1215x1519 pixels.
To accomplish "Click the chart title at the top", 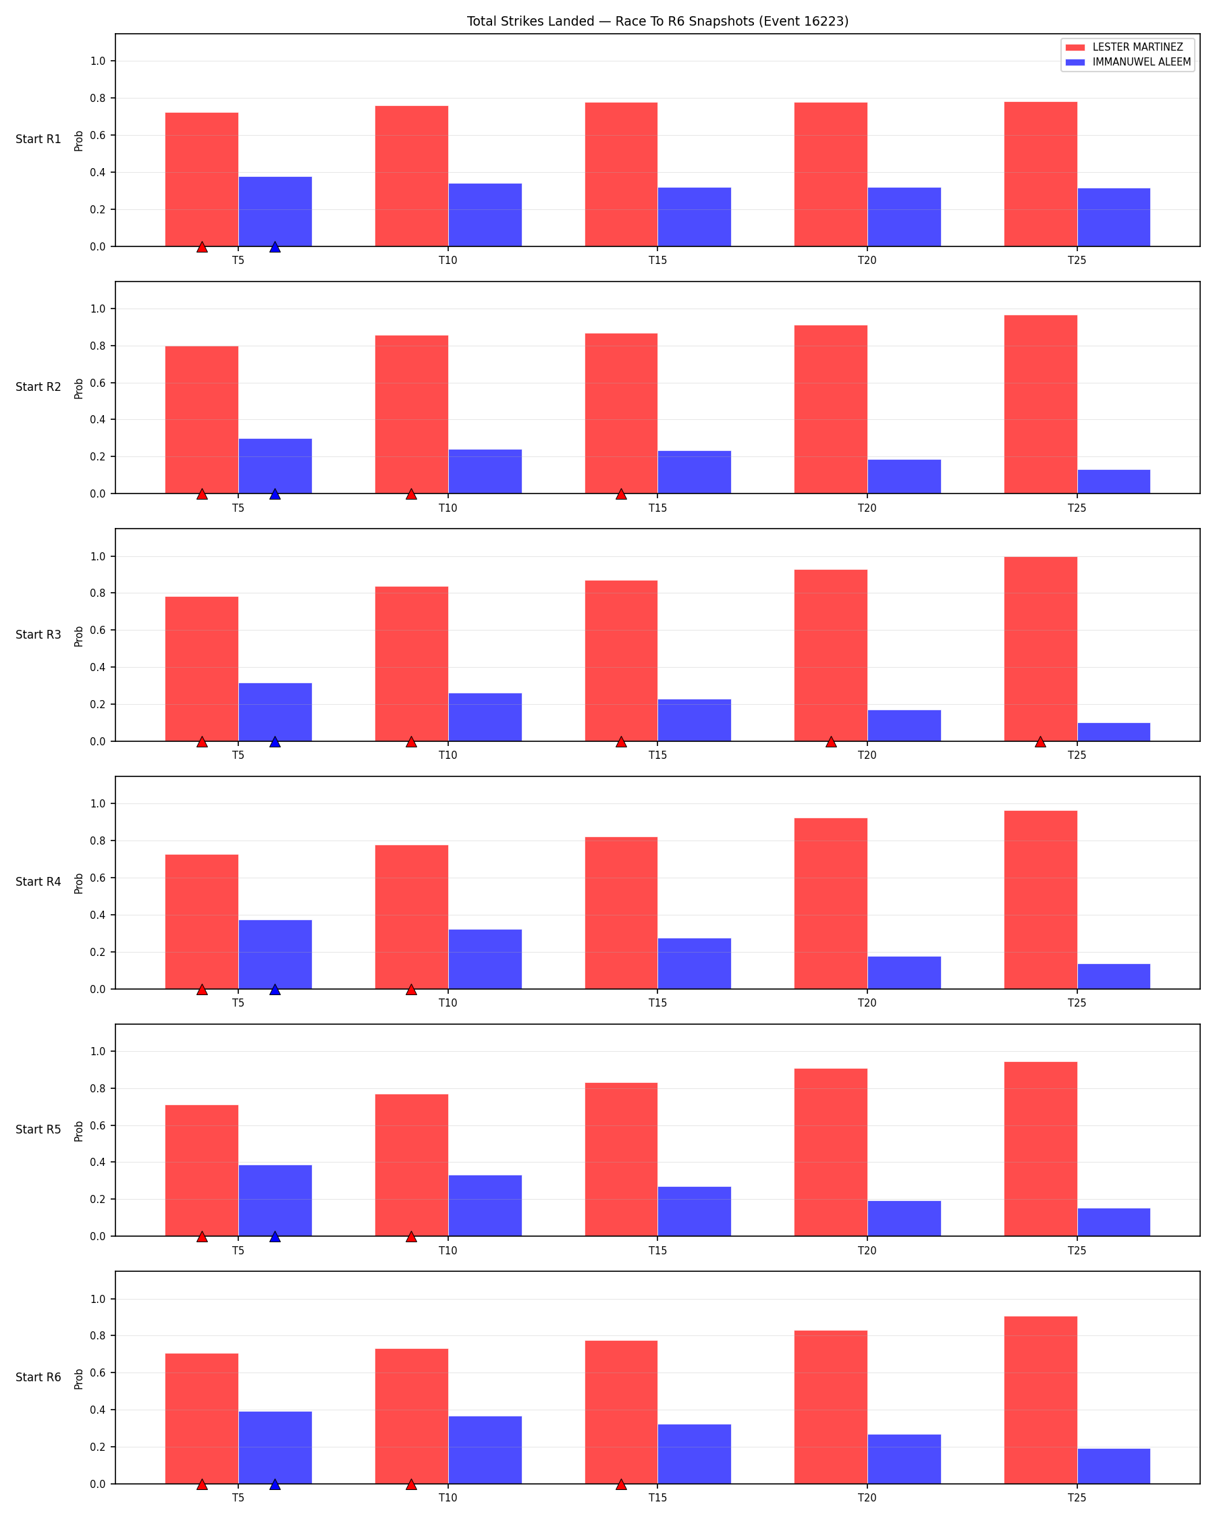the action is click(x=657, y=21).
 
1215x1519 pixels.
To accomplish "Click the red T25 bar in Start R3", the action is click(x=1040, y=649).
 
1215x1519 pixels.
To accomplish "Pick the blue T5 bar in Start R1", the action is click(x=275, y=211).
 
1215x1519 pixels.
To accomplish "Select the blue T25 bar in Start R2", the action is click(x=1114, y=482).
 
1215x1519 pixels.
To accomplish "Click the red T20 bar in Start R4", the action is click(x=830, y=903).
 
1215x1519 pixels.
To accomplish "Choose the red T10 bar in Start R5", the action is click(x=411, y=1165).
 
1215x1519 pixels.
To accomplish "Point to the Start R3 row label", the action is click(x=38, y=635).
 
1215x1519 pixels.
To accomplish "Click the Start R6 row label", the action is click(x=38, y=1377).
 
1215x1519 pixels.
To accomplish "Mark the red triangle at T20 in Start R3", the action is click(x=831, y=741).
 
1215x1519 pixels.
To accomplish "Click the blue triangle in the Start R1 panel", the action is click(x=275, y=246).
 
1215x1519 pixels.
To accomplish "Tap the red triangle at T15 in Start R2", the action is click(x=621, y=494).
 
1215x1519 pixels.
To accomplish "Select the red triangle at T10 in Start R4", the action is click(x=411, y=989).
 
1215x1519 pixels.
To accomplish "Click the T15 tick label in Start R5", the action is click(x=658, y=1250).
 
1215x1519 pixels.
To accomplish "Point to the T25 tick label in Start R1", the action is click(x=1077, y=261).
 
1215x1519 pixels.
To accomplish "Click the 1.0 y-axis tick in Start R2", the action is click(x=98, y=309).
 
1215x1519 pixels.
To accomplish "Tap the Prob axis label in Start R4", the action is click(x=79, y=884).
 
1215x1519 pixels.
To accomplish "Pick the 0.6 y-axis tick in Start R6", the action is click(x=98, y=1373).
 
